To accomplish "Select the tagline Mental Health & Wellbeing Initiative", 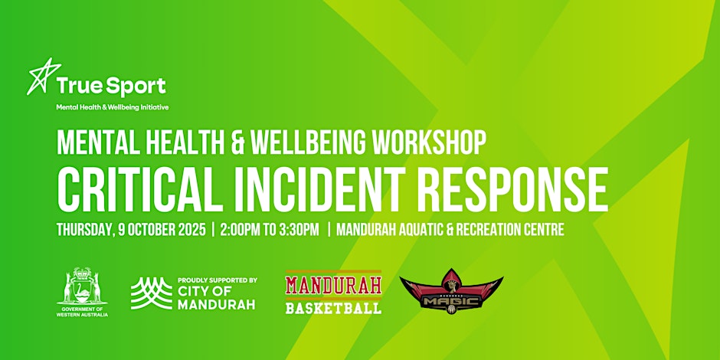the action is point(113,107).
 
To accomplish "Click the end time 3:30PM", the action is point(299,230).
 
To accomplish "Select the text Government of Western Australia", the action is point(83,312).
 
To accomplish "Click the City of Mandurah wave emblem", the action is point(152,293).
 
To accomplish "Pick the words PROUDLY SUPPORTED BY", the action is point(218,280).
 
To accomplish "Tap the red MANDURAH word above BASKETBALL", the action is point(333,285).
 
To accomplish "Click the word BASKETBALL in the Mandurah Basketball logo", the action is point(333,307).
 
